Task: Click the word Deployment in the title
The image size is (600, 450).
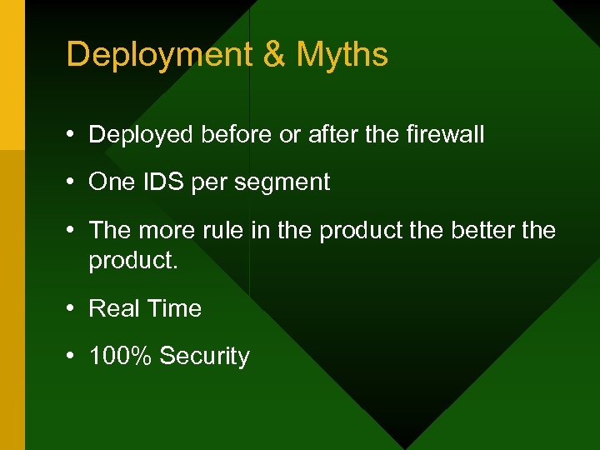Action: click(x=158, y=55)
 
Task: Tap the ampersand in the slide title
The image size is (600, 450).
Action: click(x=274, y=55)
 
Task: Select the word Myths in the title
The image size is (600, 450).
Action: click(x=342, y=55)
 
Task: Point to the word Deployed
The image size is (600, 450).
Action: click(x=142, y=134)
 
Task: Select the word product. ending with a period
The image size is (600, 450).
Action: click(x=133, y=260)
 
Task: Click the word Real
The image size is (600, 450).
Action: click(x=114, y=308)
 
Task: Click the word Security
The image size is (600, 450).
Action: click(x=204, y=357)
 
